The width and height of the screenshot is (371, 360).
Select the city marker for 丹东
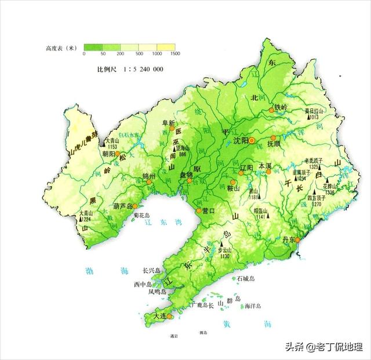click(297, 239)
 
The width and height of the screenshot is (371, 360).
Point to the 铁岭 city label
click(281, 107)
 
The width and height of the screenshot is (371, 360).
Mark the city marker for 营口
click(199, 211)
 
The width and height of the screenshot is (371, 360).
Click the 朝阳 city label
click(110, 155)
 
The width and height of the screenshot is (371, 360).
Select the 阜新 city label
click(168, 123)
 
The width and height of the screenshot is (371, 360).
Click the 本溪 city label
click(265, 165)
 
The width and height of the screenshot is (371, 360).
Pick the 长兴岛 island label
click(154, 270)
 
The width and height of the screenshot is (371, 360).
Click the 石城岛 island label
click(246, 279)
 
